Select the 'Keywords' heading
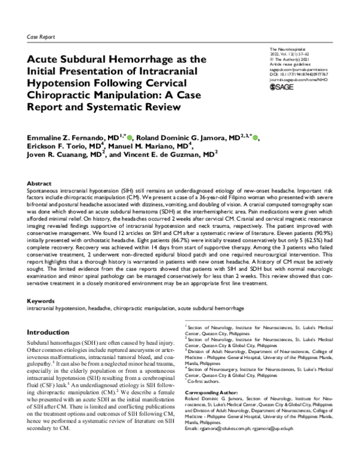[x=40, y=301]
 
